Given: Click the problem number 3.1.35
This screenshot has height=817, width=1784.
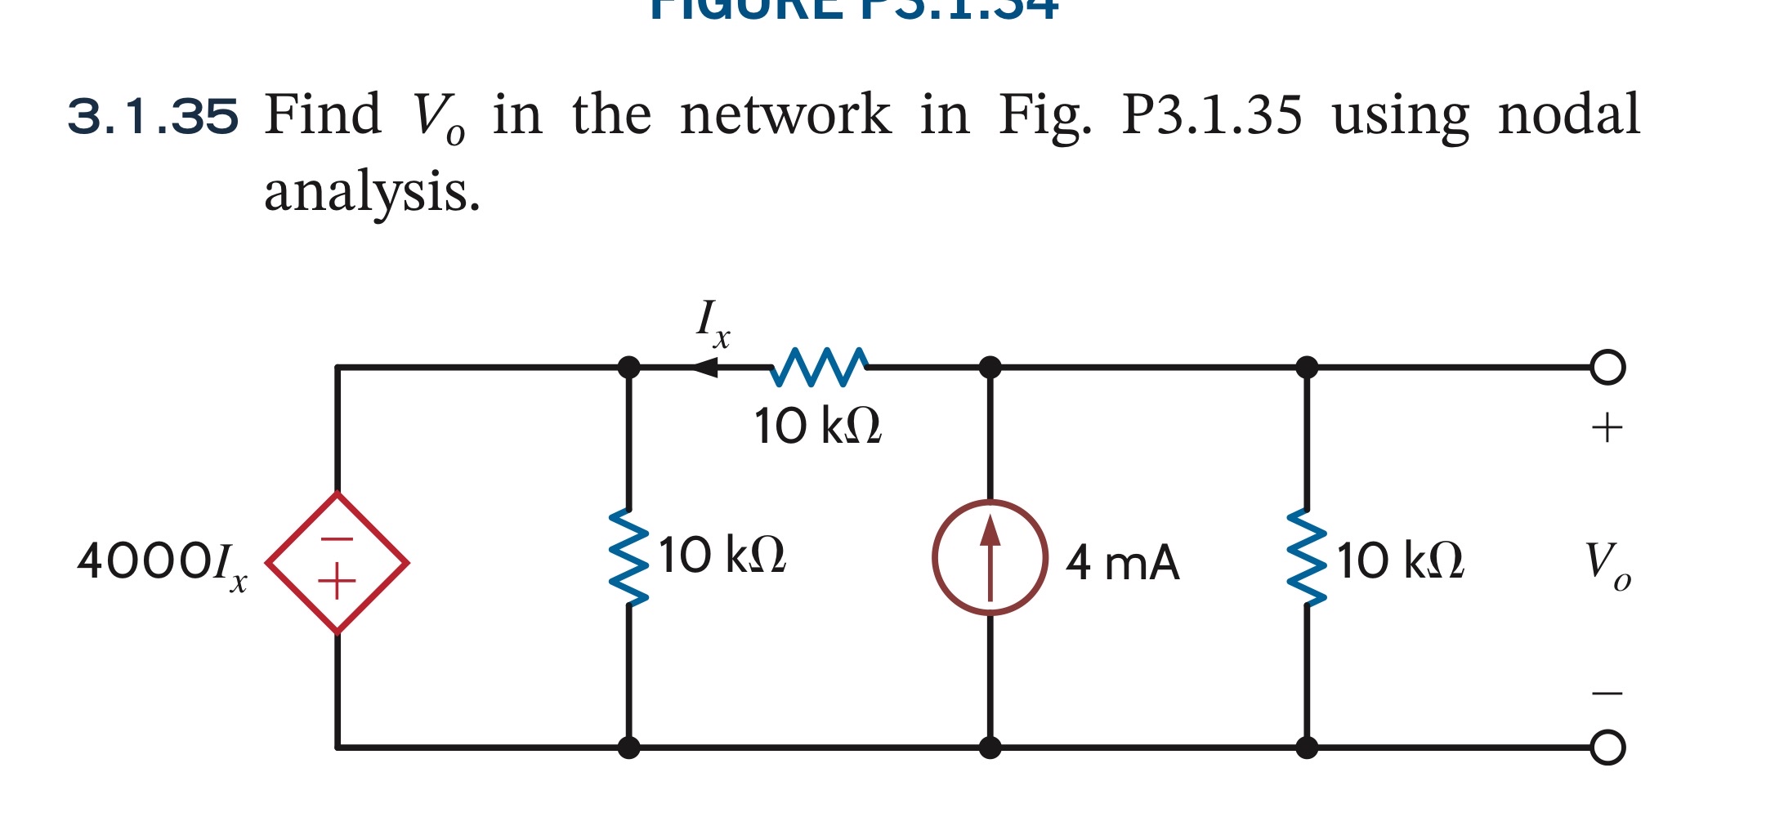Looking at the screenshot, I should pyautogui.click(x=153, y=116).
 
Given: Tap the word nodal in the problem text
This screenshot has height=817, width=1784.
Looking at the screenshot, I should pyautogui.click(x=1568, y=114).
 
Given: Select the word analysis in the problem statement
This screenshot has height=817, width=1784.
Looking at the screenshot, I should pyautogui.click(x=372, y=192).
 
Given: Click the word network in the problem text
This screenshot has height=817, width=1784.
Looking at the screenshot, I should pyautogui.click(x=785, y=114).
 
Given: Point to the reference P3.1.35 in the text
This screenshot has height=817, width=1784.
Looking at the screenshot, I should pyautogui.click(x=1211, y=114).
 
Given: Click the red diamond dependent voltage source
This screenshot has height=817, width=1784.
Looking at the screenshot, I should pyautogui.click(x=337, y=563).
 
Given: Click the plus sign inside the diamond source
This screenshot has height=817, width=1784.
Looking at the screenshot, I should pyautogui.click(x=337, y=583).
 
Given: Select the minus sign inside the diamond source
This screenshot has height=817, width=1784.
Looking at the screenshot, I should pyautogui.click(x=337, y=539).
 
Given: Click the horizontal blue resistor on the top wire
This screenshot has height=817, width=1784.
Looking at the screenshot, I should pyautogui.click(x=819, y=367).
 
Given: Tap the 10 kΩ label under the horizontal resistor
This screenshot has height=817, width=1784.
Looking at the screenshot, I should pyautogui.click(x=818, y=426).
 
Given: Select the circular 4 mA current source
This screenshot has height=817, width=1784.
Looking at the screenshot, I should pyautogui.click(x=990, y=557).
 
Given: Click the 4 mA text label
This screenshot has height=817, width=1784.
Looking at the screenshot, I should pyautogui.click(x=1123, y=563).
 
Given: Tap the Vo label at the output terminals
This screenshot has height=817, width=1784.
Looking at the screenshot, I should pyautogui.click(x=1606, y=563).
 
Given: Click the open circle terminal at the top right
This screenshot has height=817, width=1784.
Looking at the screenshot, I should pyautogui.click(x=1607, y=367).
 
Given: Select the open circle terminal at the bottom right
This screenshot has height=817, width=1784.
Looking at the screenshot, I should pyautogui.click(x=1607, y=747).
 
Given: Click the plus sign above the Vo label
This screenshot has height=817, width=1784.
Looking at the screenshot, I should pyautogui.click(x=1607, y=428).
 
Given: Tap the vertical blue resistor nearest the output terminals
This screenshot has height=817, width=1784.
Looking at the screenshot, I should pyautogui.click(x=1307, y=557).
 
